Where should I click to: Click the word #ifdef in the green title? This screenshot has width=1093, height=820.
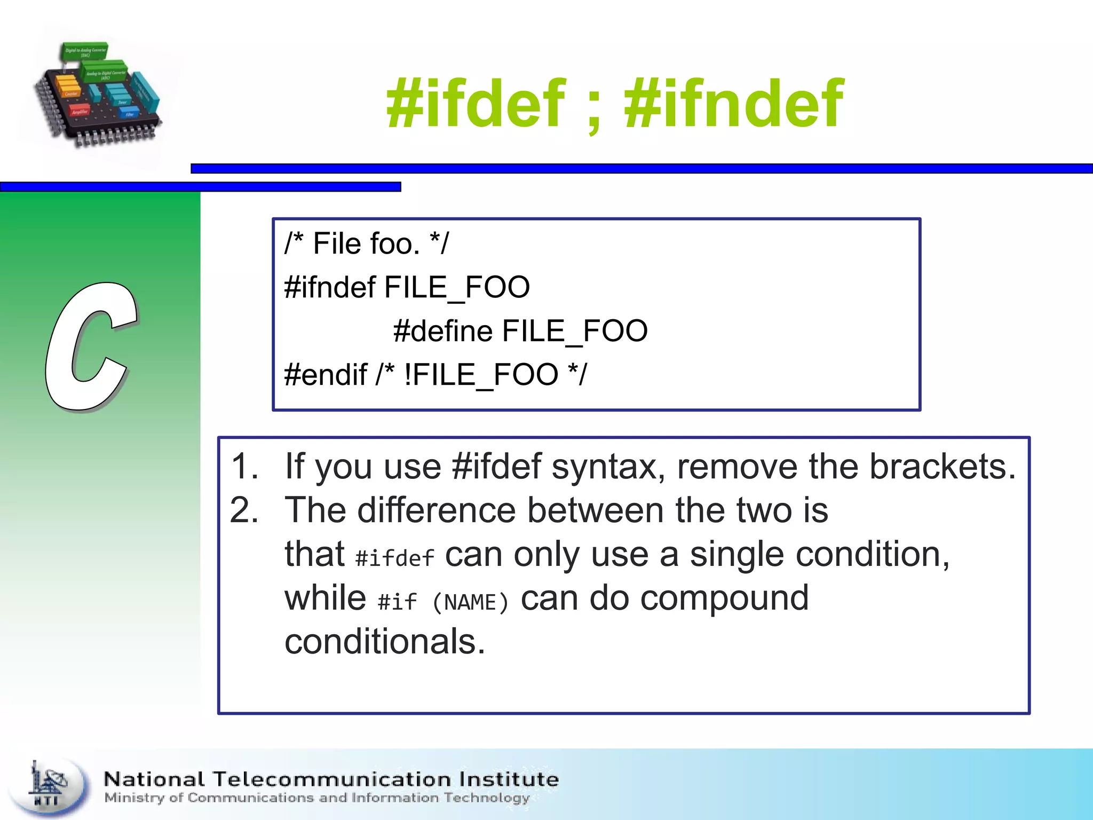(475, 104)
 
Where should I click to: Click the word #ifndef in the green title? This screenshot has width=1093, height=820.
(734, 104)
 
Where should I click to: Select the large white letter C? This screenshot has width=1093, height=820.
(91, 347)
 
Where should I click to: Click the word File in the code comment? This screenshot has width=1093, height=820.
(336, 244)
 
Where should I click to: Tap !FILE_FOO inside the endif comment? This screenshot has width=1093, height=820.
(480, 374)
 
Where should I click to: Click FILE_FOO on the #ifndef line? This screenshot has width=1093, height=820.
(457, 288)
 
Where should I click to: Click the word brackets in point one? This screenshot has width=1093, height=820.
(942, 467)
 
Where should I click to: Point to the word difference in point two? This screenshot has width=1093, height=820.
(437, 510)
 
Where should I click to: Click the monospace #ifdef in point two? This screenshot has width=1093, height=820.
(395, 558)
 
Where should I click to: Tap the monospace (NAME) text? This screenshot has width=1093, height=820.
(470, 603)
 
